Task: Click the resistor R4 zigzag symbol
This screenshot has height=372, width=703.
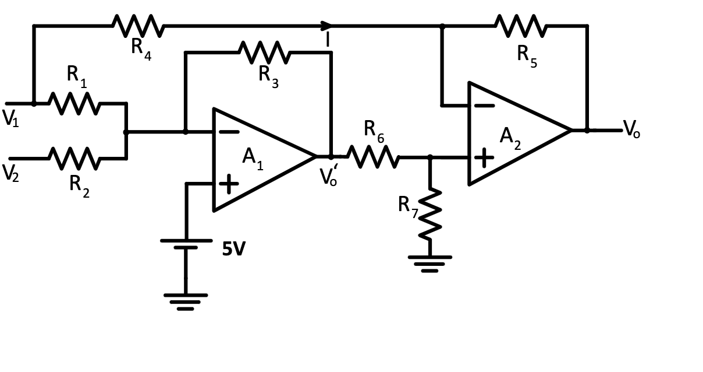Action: (138, 26)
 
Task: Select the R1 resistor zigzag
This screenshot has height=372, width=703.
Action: (74, 103)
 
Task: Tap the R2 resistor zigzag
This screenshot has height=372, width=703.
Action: (74, 158)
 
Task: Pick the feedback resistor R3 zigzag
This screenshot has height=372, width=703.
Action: (264, 52)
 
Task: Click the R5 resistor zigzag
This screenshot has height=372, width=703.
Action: (521, 26)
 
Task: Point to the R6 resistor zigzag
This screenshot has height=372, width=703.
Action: (373, 156)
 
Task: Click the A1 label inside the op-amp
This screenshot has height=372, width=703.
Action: (253, 157)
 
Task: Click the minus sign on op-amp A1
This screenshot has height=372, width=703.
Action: (228, 132)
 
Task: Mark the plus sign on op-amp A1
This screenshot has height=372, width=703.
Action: (228, 184)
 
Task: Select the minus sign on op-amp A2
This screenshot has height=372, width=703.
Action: (484, 106)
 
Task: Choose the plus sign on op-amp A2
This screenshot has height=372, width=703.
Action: (484, 157)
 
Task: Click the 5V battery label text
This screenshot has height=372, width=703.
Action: (233, 250)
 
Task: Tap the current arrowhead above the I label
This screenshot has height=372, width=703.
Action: (327, 26)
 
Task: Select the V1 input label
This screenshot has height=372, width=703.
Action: (10, 118)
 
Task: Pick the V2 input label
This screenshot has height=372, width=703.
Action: (10, 173)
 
